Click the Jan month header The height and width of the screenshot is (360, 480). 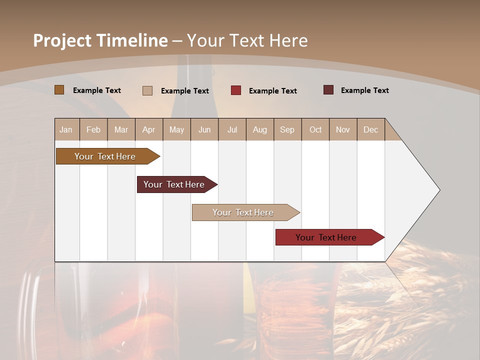click(x=66, y=129)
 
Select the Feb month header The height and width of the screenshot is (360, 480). click(x=93, y=129)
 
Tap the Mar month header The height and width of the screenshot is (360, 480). click(x=121, y=129)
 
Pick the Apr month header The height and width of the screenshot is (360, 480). click(x=149, y=129)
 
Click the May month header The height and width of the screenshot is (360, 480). click(x=176, y=129)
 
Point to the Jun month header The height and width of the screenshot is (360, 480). click(x=204, y=129)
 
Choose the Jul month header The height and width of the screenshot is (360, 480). click(x=232, y=129)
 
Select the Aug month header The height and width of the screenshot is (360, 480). click(x=260, y=129)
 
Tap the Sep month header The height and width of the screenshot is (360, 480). click(x=287, y=129)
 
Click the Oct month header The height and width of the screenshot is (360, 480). click(x=315, y=129)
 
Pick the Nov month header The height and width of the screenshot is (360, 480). click(x=343, y=129)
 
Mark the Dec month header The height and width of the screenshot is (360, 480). click(x=371, y=129)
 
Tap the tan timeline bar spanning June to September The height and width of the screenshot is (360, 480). click(x=243, y=212)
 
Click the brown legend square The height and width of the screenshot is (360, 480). click(x=59, y=90)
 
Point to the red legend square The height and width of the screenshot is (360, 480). click(x=236, y=90)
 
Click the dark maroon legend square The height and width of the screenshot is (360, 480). click(x=328, y=90)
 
